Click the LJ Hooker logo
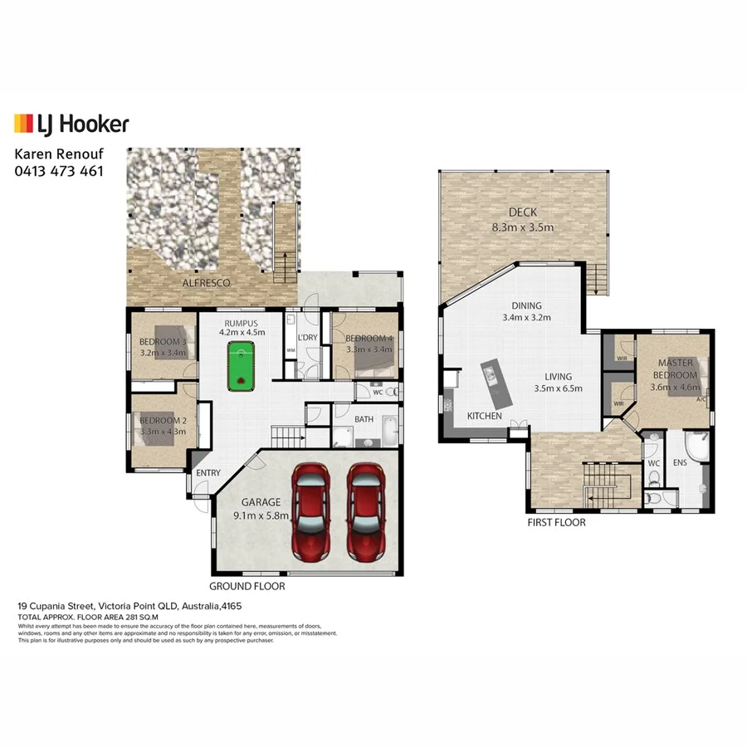pyautogui.click(x=71, y=124)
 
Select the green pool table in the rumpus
pyautogui.click(x=240, y=367)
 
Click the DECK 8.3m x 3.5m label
pyautogui.click(x=522, y=220)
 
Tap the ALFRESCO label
pyautogui.click(x=206, y=283)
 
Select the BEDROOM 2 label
pyautogui.click(x=164, y=427)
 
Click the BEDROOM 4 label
pyautogui.click(x=367, y=344)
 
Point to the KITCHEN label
pyautogui.click(x=484, y=416)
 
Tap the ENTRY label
pyautogui.click(x=207, y=473)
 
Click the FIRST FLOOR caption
pyautogui.click(x=557, y=523)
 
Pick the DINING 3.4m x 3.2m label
pyautogui.click(x=527, y=310)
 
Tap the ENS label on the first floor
pyautogui.click(x=680, y=463)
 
